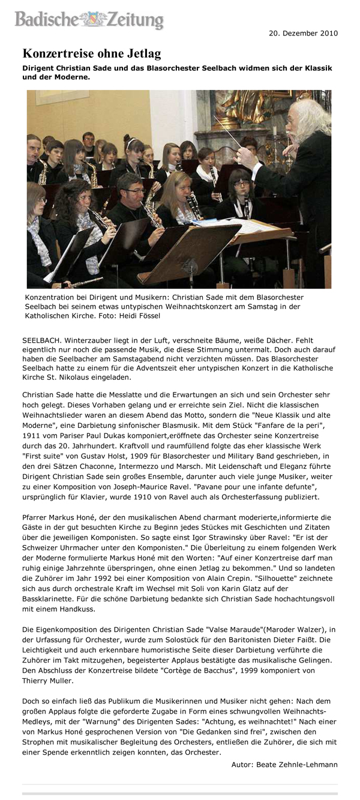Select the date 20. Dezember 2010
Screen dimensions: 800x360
click(302, 33)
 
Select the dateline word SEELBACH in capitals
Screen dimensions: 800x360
click(41, 340)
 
